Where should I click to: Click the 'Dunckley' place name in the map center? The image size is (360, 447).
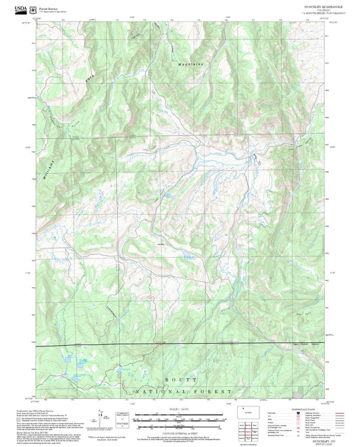161,244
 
